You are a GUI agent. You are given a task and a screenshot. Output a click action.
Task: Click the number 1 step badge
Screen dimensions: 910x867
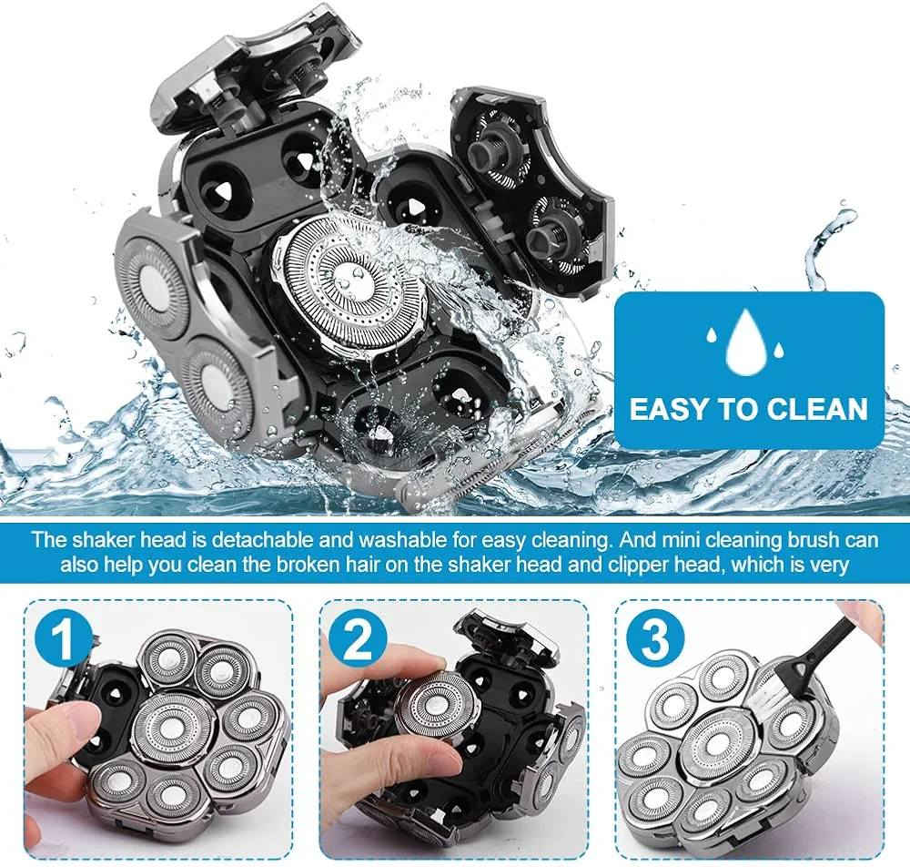(x=64, y=639)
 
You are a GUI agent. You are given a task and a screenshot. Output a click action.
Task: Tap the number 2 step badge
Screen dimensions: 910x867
(x=358, y=639)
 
